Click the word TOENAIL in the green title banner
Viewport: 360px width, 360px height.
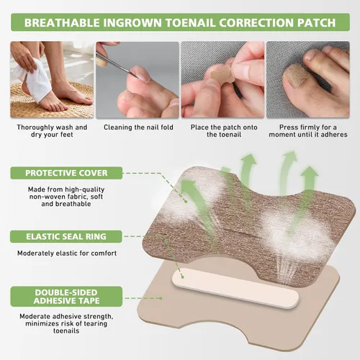tap(190, 23)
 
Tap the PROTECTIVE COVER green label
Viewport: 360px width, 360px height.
tap(66, 173)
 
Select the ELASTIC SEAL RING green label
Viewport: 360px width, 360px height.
tap(66, 237)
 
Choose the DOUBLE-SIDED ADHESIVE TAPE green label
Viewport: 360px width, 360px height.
tap(66, 297)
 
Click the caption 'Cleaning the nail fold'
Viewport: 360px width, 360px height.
tap(138, 127)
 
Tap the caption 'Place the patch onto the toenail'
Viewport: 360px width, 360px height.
tap(224, 131)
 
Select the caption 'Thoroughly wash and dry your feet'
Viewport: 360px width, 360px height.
tap(52, 131)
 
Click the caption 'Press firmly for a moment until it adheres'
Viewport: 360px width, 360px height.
tap(308, 131)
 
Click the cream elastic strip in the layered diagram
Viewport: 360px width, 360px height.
tap(235, 288)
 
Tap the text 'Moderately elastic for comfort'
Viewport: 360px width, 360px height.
tap(67, 253)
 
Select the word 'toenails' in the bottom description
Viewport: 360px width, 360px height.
tap(66, 331)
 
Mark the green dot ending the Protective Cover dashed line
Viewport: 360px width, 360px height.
tap(185, 202)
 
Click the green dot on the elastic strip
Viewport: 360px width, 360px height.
tap(182, 277)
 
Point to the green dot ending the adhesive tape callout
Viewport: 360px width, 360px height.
tap(161, 298)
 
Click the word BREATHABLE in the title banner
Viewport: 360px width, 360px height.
tap(62, 23)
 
